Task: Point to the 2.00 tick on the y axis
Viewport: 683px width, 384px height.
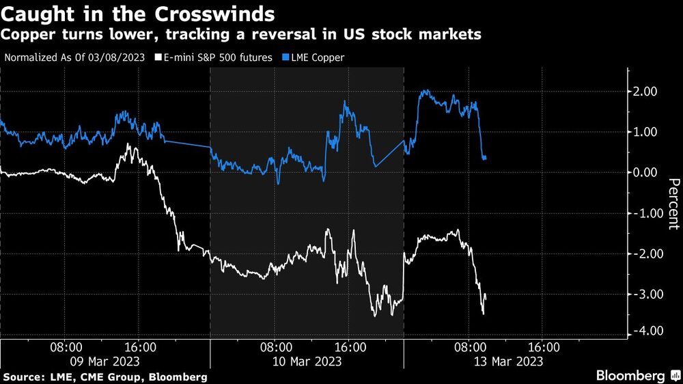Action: point(645,92)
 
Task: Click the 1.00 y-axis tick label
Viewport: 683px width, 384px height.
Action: point(645,132)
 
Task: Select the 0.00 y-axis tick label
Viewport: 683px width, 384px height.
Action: point(645,172)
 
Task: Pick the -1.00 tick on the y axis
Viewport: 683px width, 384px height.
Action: point(643,213)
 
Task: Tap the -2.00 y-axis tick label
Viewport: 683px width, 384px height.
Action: point(643,253)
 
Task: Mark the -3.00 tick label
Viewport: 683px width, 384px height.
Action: point(643,294)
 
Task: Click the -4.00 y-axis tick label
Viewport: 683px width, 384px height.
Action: point(643,331)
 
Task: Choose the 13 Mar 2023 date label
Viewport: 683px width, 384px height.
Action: point(509,361)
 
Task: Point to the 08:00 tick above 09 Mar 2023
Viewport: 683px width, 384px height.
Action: point(67,347)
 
